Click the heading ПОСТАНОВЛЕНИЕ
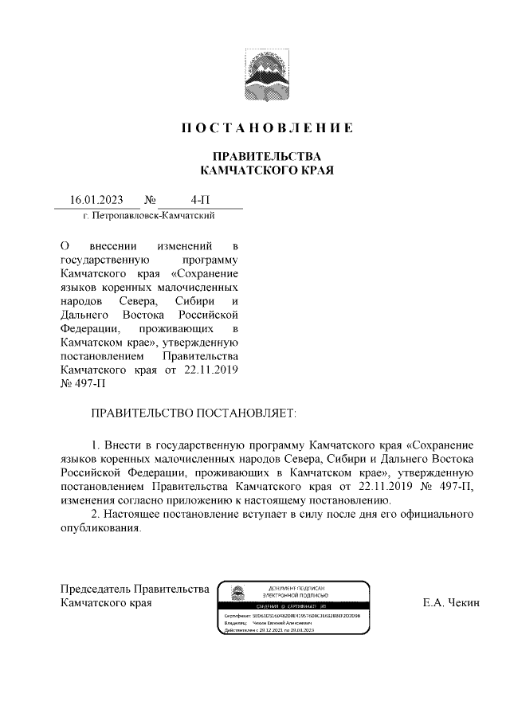266,128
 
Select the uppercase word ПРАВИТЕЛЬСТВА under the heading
266,155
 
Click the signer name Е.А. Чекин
451,603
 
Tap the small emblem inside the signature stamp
237,593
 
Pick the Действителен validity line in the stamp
271,629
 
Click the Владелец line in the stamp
267,623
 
